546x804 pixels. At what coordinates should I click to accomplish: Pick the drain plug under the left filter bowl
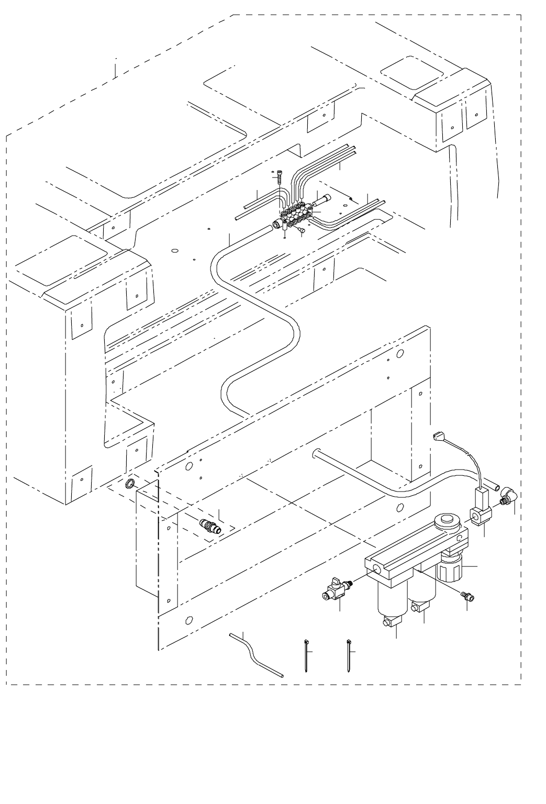390,622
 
